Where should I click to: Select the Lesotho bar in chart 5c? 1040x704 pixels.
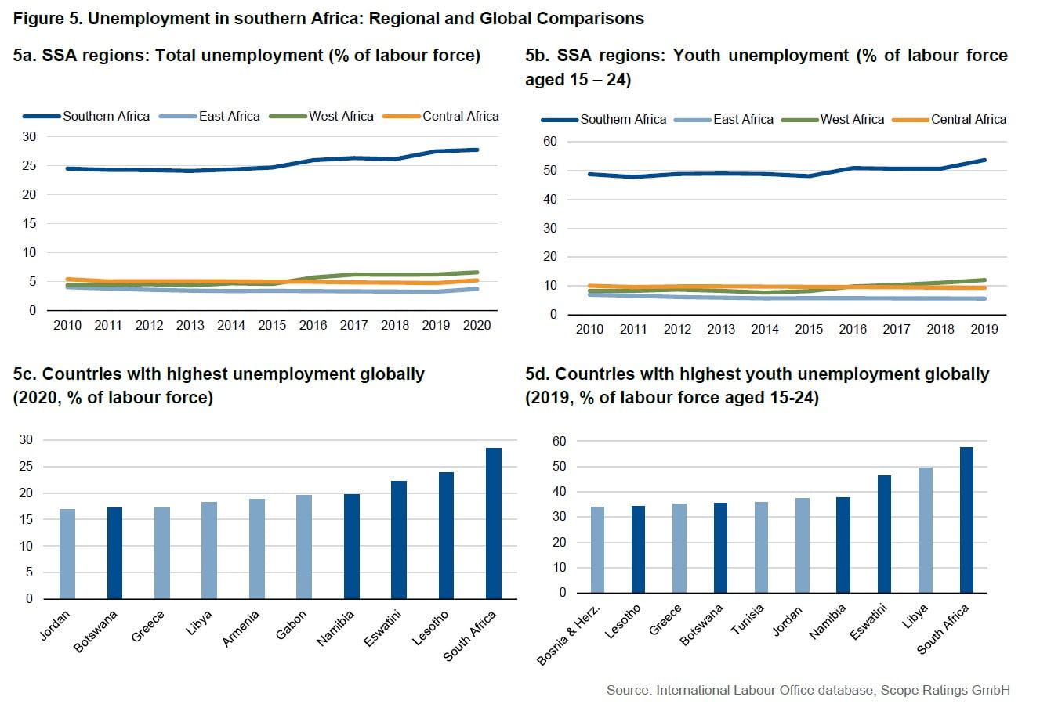(x=446, y=536)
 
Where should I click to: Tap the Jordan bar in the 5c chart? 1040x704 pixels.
(x=67, y=554)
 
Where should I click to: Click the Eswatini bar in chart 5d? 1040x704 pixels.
(x=884, y=534)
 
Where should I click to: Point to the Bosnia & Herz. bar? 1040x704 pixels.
(x=597, y=550)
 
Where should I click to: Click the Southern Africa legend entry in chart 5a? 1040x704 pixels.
(x=87, y=116)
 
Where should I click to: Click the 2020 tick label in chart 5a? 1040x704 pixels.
(x=477, y=325)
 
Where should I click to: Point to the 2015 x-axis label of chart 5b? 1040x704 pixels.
(x=809, y=329)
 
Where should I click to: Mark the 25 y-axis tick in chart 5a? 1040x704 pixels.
(x=29, y=165)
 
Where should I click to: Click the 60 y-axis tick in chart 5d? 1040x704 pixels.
(x=558, y=441)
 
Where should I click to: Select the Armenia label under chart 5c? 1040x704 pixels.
(x=241, y=629)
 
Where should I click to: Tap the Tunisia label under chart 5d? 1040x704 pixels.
(x=747, y=619)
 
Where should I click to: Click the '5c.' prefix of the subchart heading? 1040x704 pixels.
(x=25, y=374)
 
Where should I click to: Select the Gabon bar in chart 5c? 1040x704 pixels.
(x=304, y=547)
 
